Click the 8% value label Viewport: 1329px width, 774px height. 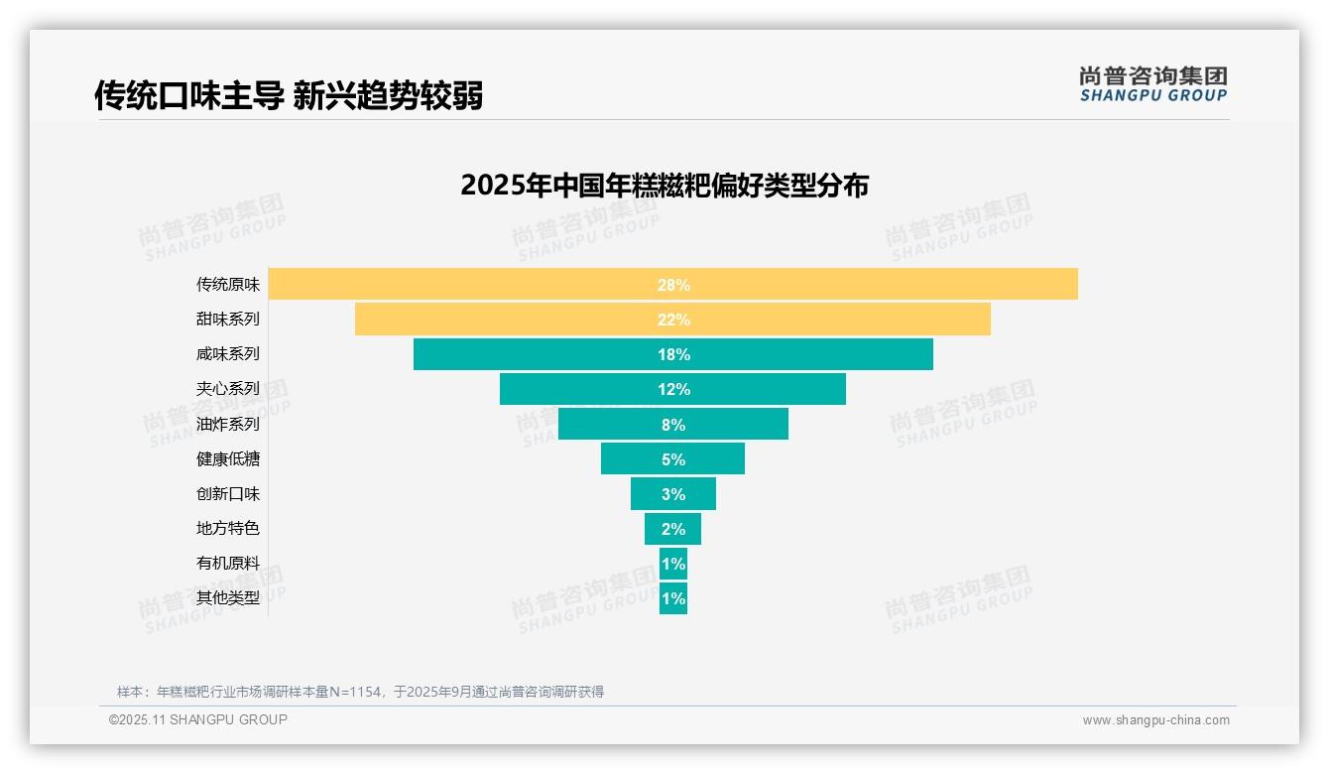pyautogui.click(x=673, y=425)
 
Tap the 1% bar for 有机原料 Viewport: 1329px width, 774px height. pyautogui.click(x=673, y=564)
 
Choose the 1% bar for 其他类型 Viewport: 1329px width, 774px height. pyautogui.click(x=673, y=598)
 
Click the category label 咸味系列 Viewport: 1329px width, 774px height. pyautogui.click(x=228, y=354)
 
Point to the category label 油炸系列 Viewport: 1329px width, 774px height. pyautogui.click(x=228, y=425)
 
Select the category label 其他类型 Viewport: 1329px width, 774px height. pyautogui.click(x=228, y=598)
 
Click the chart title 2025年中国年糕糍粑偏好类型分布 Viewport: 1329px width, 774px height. pyautogui.click(x=664, y=186)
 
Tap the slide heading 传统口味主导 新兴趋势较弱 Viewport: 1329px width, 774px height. pyautogui.click(x=289, y=96)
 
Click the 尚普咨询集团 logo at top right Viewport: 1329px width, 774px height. pyautogui.click(x=1153, y=84)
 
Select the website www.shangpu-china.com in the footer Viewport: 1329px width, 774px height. pyautogui.click(x=1155, y=720)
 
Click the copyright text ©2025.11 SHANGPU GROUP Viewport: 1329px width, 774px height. pyautogui.click(x=198, y=720)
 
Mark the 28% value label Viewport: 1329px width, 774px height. pyautogui.click(x=673, y=285)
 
